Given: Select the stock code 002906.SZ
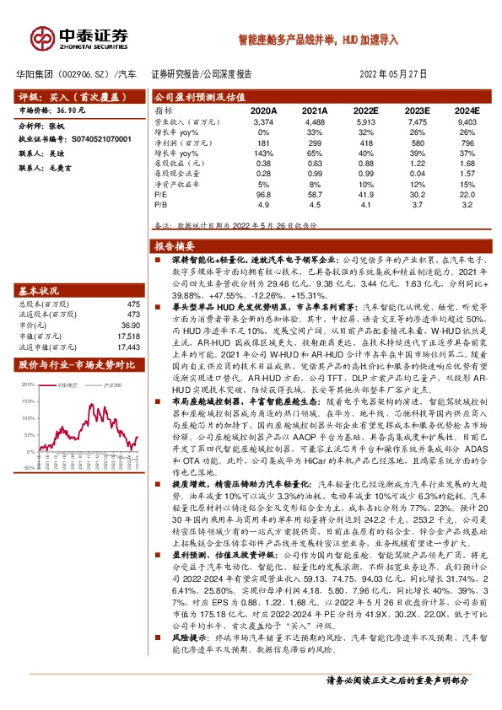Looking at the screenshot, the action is click(x=75, y=73).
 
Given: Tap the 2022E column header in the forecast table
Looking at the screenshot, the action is click(x=365, y=110).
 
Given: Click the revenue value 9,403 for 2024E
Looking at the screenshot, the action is click(x=466, y=122).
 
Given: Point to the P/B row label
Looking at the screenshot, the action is click(x=160, y=204).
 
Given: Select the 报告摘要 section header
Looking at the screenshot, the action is click(x=175, y=246).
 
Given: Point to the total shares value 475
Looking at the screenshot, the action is click(x=132, y=304).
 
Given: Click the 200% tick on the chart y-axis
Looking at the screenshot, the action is click(x=26, y=384).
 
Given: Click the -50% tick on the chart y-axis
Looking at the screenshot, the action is click(x=27, y=465).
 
